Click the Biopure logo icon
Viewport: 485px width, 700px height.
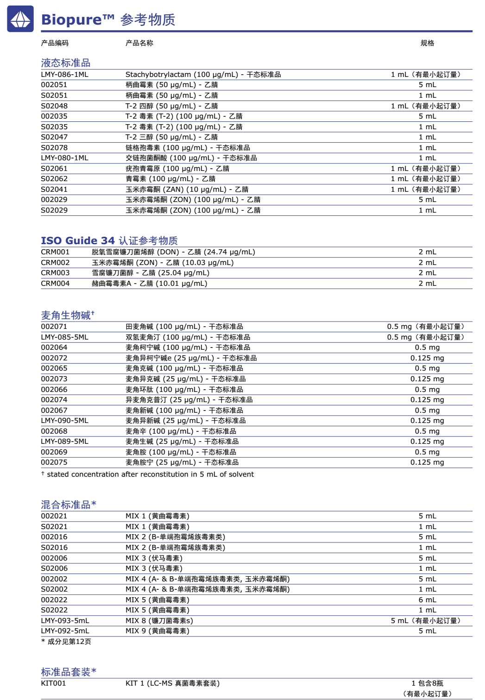[20, 19]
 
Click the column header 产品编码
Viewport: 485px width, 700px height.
[55, 43]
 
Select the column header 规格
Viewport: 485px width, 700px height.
[427, 43]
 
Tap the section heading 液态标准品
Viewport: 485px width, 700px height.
[66, 63]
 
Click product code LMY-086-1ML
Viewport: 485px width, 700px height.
[64, 75]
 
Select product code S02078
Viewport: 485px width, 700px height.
[54, 148]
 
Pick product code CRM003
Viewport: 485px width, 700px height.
[55, 273]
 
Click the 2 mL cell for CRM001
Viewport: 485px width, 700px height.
[427, 252]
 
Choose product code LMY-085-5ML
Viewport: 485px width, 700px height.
[64, 337]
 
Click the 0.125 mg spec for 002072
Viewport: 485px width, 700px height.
[427, 358]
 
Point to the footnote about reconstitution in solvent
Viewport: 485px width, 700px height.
[147, 474]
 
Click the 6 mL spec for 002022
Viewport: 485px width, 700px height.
[427, 600]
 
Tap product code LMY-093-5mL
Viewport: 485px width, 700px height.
[65, 621]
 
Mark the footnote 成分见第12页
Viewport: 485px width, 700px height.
[66, 642]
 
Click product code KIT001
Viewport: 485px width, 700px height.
[53, 683]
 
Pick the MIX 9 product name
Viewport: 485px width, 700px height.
[157, 631]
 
